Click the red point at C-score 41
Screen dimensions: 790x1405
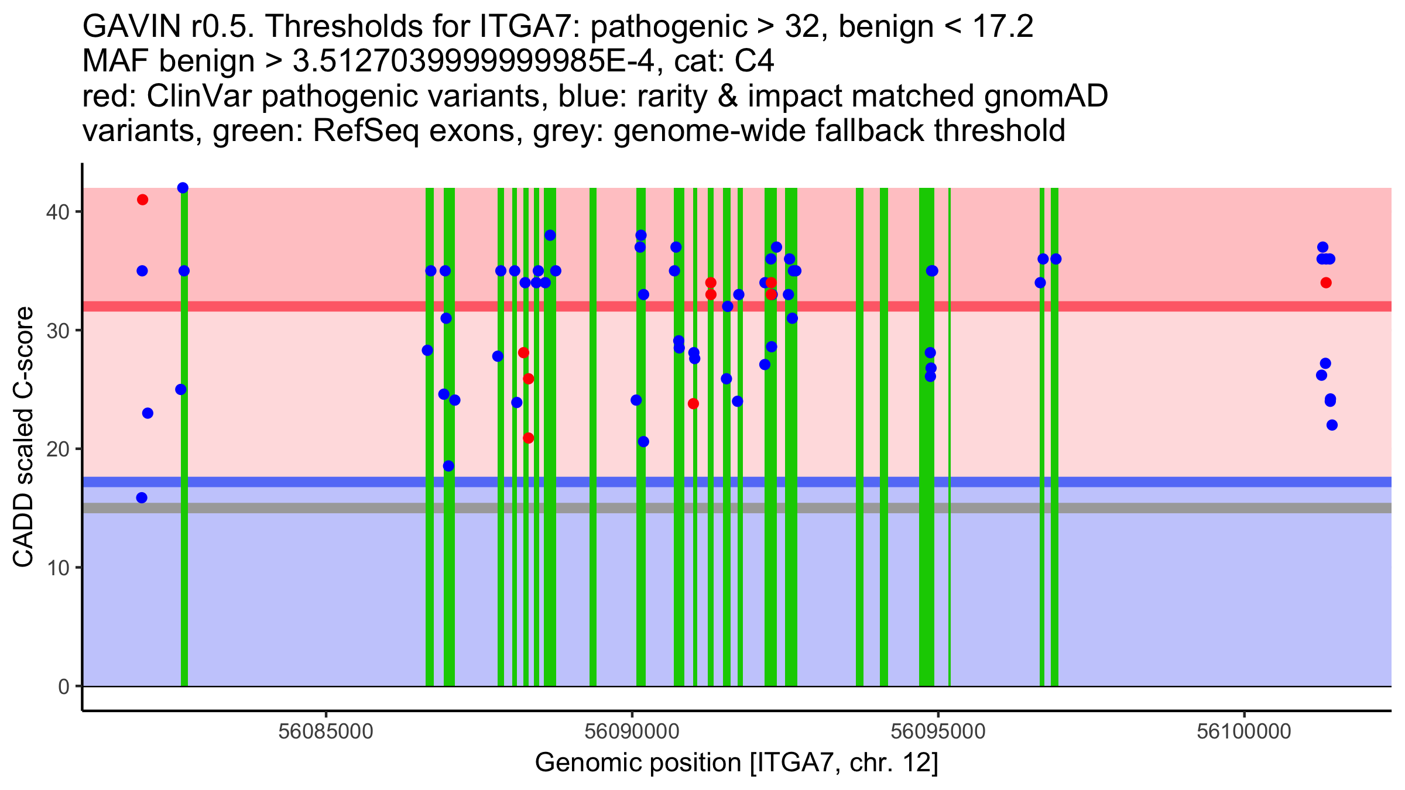142,200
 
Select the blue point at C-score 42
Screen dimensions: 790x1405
183,188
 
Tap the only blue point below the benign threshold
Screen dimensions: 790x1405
142,498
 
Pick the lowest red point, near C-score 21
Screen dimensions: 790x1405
528,438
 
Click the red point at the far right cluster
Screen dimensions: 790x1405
1326,283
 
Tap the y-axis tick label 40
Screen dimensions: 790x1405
57,212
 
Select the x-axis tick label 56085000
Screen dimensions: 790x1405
325,731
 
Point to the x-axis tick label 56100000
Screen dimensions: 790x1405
1244,731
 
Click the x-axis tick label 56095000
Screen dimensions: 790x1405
938,731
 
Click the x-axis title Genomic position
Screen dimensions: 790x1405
736,763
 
